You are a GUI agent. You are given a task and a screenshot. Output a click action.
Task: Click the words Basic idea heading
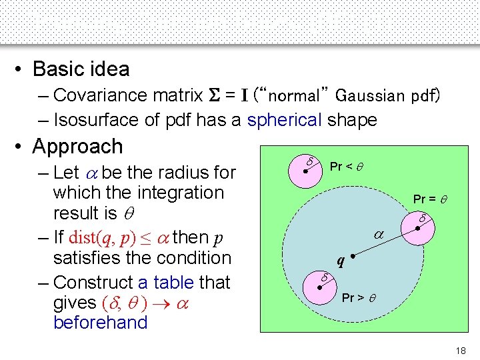81,69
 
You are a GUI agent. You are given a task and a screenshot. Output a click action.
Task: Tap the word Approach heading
77,146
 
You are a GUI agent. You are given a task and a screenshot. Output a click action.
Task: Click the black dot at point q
351,256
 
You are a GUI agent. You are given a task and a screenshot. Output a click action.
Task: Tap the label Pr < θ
351,166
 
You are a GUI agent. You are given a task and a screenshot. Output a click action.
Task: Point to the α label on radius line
378,235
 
